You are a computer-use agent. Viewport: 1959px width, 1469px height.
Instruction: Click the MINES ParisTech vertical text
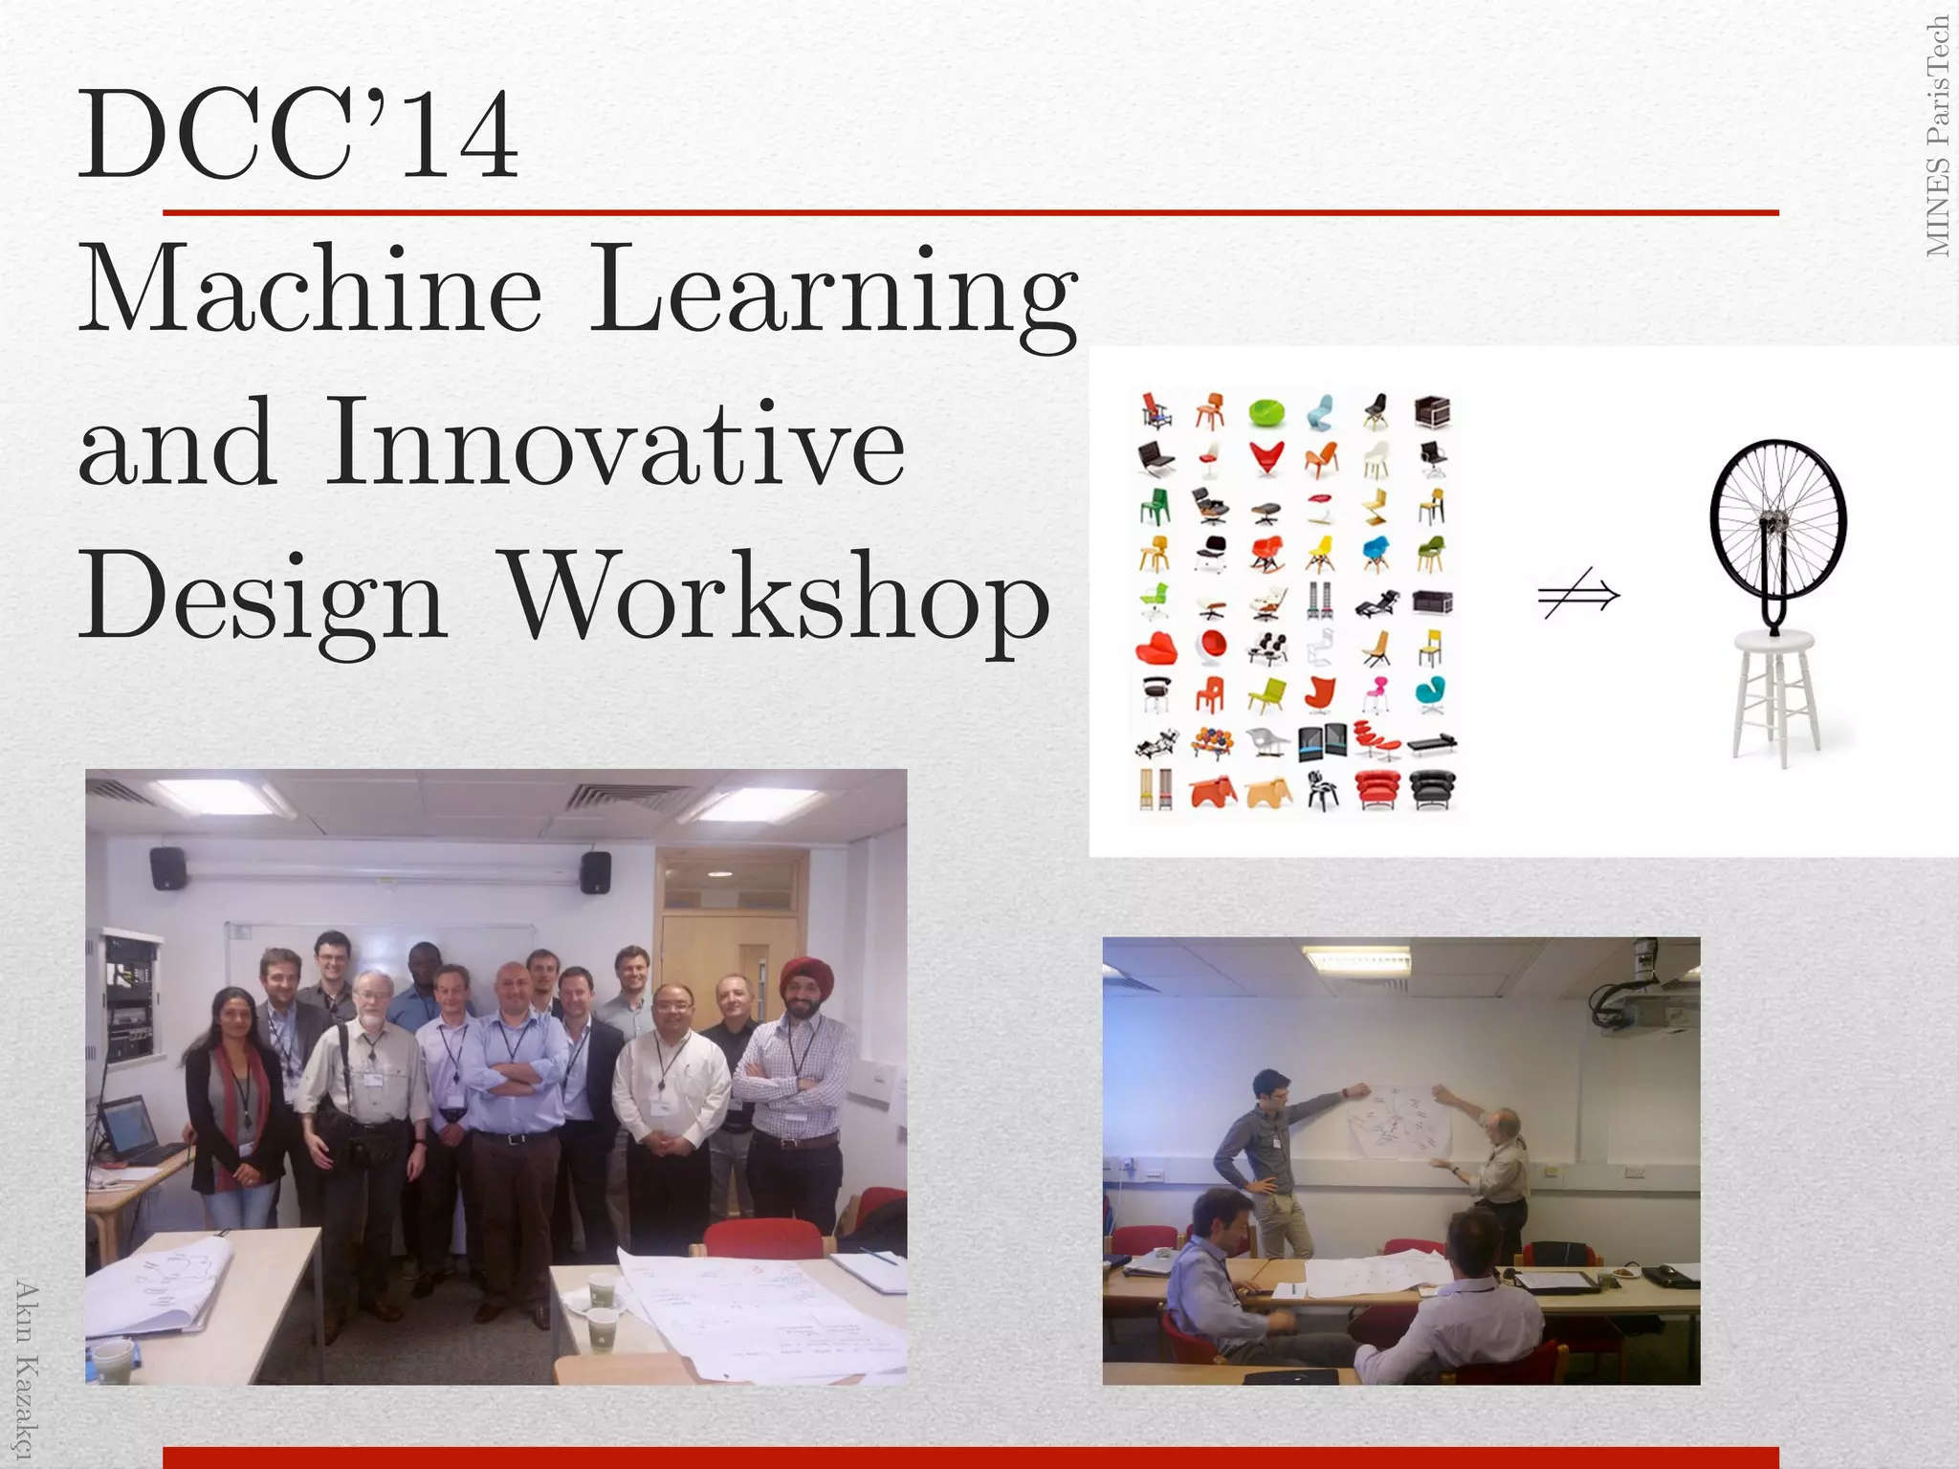pos(1937,136)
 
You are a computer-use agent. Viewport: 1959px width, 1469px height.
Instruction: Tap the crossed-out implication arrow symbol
pos(1578,596)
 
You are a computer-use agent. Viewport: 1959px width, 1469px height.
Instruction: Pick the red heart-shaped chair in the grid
pos(1266,458)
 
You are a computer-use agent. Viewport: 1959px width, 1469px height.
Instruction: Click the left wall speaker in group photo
pos(167,867)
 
